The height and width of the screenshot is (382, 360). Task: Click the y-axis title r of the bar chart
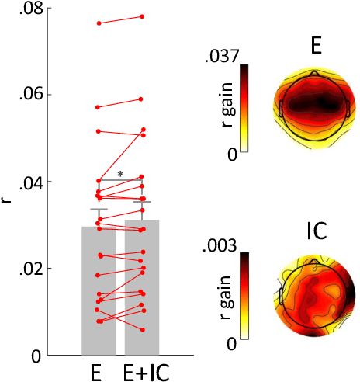pos(8,201)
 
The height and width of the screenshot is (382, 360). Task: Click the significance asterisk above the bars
pos(120,175)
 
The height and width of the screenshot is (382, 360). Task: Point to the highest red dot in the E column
pos(99,23)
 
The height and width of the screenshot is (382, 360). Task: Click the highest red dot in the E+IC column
pos(142,16)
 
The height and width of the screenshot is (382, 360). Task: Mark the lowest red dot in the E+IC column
pos(142,330)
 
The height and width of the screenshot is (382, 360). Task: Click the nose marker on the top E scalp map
pos(313,72)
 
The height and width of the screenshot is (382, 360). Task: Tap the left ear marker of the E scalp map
pos(280,108)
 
